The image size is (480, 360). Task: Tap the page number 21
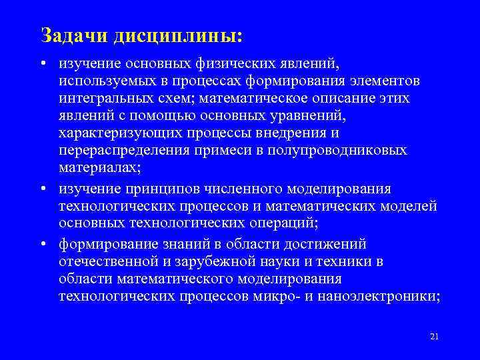coord(434,335)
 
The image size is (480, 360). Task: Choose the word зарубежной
coord(213,261)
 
